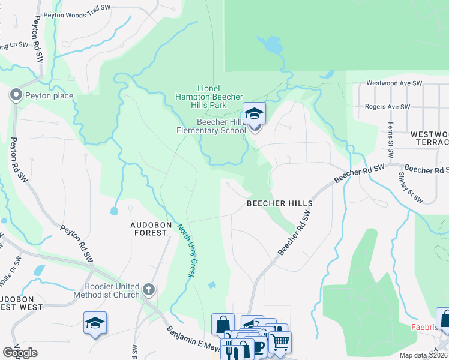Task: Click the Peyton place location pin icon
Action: coord(15,95)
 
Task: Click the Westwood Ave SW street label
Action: coord(394,83)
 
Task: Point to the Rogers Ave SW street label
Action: coord(388,107)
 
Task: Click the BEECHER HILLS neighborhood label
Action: coord(280,203)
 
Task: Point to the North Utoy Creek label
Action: coord(185,250)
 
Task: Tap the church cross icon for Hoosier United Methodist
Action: coord(149,290)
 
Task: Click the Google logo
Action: coord(20,352)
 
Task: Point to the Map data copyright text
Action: coord(423,355)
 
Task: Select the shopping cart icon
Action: coord(279,343)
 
